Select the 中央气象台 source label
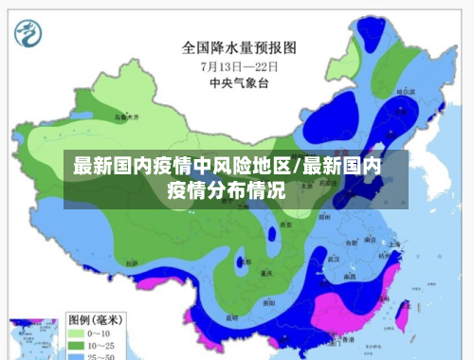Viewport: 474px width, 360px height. coord(238,82)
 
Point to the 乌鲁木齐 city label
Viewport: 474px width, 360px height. coord(125,117)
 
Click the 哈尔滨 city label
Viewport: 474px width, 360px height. coord(405,91)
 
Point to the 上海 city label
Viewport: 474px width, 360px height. coord(393,243)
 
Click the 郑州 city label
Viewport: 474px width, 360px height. coord(323,217)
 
